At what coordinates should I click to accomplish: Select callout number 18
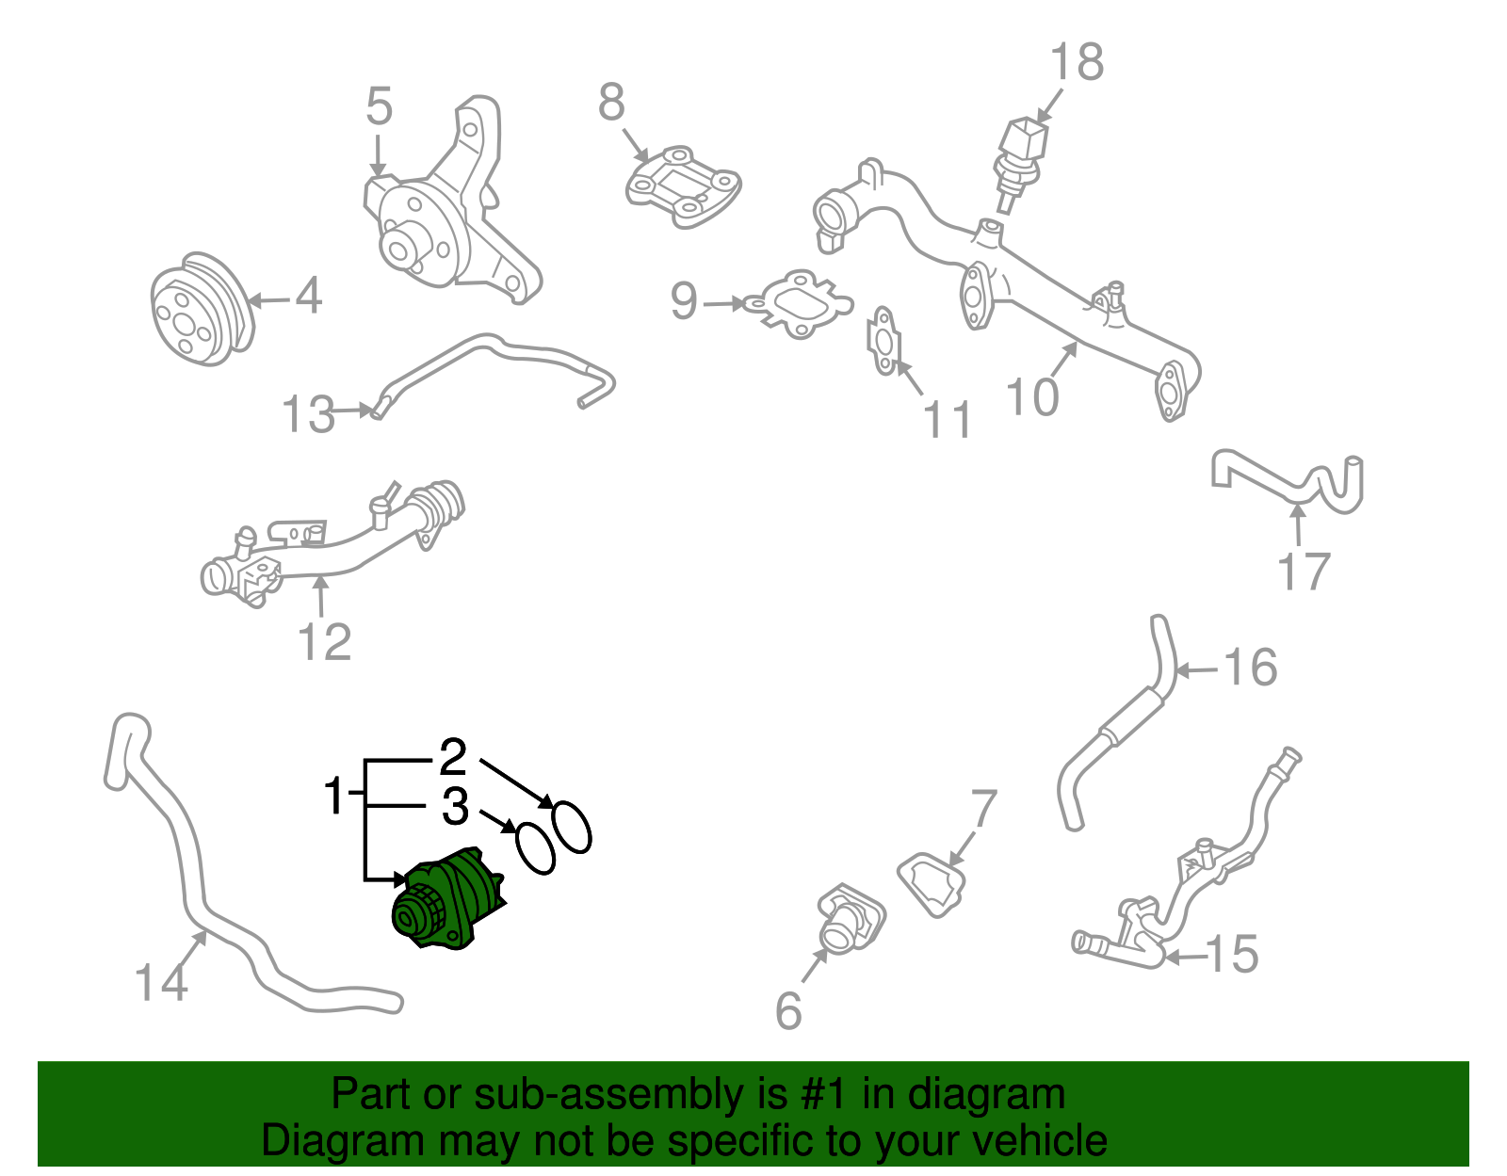click(1077, 62)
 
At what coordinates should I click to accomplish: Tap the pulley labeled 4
click(203, 309)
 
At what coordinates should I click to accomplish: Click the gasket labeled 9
click(798, 305)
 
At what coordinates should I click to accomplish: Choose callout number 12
click(325, 642)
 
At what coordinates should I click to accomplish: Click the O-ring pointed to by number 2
click(572, 828)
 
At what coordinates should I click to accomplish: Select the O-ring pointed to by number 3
click(535, 849)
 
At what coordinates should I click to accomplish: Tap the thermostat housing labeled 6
click(851, 919)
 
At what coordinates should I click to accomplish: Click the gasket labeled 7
click(932, 885)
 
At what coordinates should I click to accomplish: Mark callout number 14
click(160, 983)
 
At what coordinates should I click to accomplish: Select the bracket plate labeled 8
click(684, 186)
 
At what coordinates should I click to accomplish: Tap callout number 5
click(379, 106)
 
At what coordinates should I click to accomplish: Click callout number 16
click(1250, 668)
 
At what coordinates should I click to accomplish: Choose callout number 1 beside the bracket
click(334, 796)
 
